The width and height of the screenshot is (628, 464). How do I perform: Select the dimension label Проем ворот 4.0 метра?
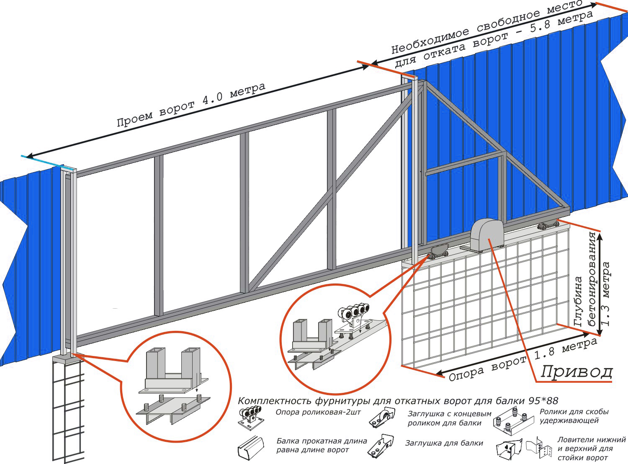click(x=191, y=105)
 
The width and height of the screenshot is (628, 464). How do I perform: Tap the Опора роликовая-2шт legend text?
click(x=318, y=412)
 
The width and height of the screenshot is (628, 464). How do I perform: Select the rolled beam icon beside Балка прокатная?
click(x=251, y=447)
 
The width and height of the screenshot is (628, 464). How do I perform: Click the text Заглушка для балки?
click(x=444, y=443)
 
